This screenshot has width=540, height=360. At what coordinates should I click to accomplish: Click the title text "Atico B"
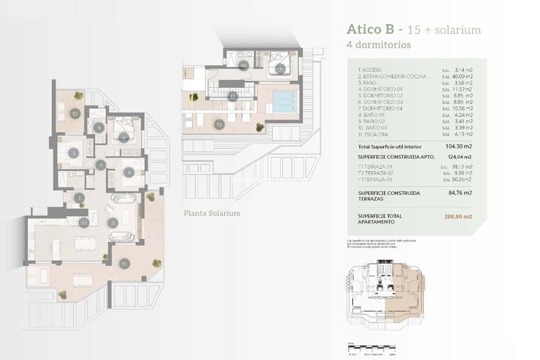point(371,30)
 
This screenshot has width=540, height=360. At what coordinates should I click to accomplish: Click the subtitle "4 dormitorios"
point(379,44)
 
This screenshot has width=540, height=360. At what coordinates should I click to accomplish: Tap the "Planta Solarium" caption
point(212,213)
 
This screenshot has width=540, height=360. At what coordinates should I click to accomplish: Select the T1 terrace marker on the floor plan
point(124,264)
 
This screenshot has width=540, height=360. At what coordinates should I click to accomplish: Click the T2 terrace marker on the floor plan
point(75,112)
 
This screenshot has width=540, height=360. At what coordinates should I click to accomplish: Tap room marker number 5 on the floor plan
point(72,153)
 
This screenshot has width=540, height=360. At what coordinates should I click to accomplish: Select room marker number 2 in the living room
point(112,223)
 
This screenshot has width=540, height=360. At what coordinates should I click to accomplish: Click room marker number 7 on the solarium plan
point(279,69)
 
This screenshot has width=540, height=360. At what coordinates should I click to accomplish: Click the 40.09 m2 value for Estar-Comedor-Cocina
point(456,76)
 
